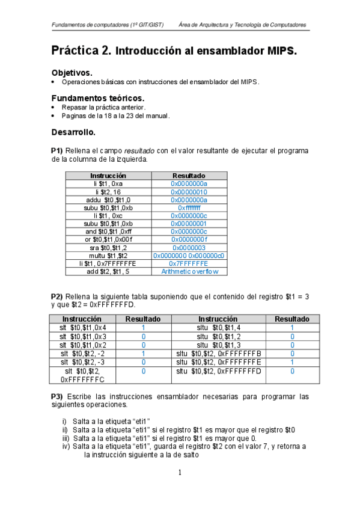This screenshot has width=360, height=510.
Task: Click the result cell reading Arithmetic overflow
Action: tap(189, 271)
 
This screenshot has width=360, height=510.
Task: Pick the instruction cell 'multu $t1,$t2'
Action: tap(108, 256)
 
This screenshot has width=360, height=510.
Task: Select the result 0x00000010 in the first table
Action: tap(189, 192)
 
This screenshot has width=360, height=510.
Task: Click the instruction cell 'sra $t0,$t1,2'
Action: tap(108, 247)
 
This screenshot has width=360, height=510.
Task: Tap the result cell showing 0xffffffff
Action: tap(189, 207)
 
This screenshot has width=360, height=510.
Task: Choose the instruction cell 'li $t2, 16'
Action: tap(108, 192)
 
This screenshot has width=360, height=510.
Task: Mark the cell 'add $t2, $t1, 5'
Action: tap(108, 271)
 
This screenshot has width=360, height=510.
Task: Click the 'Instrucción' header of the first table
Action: tap(108, 176)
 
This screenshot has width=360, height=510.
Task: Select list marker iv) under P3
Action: tap(66, 446)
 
